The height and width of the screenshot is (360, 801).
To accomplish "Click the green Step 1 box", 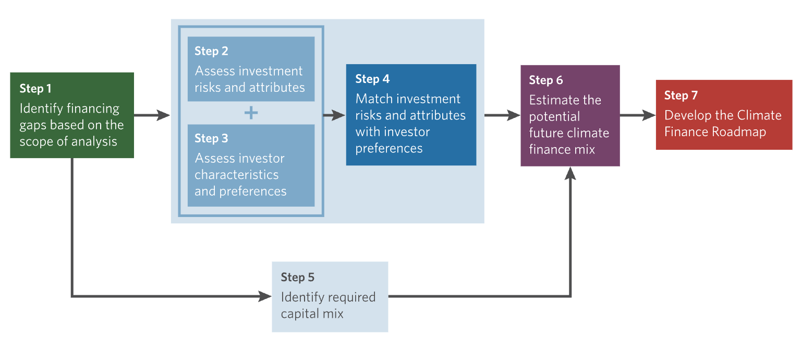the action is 72,115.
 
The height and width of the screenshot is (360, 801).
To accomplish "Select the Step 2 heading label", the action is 211,51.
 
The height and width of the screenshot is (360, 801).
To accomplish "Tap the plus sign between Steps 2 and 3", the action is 251,113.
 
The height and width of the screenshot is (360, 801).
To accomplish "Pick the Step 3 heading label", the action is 211,138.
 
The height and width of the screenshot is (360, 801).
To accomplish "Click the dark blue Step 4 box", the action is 411,115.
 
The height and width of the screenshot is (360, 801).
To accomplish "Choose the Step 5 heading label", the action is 298,278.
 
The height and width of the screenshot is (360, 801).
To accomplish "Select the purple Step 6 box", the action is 570,116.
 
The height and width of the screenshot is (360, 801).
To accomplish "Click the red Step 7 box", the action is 724,115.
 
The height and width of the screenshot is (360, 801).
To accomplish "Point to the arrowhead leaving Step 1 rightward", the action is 163,115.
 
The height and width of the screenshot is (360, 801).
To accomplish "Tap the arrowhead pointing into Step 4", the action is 338,115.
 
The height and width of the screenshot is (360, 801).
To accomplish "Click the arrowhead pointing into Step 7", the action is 649,115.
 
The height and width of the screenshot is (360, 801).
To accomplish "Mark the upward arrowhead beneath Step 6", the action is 570,173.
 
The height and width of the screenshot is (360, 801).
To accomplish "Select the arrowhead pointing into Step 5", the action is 265,296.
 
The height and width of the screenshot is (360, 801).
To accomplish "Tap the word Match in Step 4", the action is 372,99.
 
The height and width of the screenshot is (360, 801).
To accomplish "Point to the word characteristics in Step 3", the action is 236,175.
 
